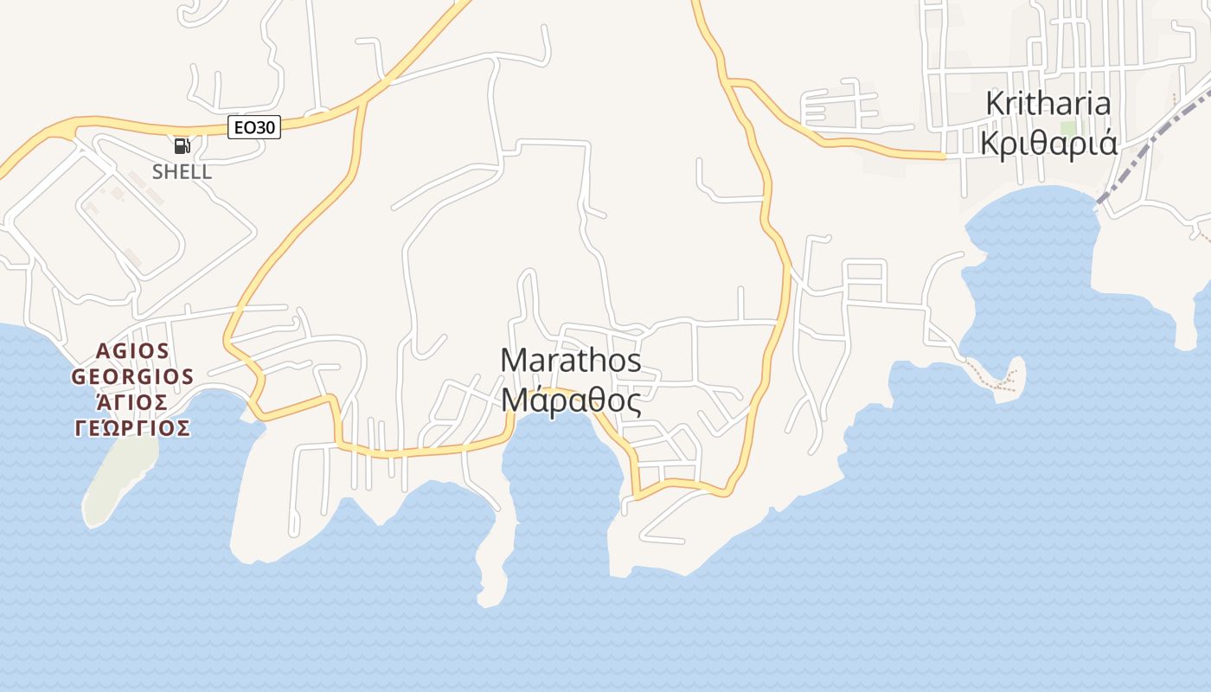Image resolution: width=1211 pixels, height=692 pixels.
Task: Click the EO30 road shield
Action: click(x=254, y=128)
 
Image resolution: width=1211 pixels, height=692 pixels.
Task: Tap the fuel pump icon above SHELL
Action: click(x=181, y=146)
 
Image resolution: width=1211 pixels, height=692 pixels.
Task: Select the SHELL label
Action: click(x=182, y=171)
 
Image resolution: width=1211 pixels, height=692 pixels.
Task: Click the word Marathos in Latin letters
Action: click(x=571, y=360)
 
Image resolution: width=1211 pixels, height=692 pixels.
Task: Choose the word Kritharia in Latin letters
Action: click(x=1048, y=104)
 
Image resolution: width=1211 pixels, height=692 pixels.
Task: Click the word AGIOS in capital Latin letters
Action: click(x=133, y=350)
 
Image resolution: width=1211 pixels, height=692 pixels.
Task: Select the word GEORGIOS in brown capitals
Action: click(x=132, y=376)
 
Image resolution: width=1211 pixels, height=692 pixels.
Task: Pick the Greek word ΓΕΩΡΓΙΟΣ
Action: click(x=132, y=428)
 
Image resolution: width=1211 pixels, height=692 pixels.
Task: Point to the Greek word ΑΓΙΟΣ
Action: click(x=132, y=402)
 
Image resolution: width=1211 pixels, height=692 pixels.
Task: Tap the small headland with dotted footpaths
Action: click(x=1003, y=376)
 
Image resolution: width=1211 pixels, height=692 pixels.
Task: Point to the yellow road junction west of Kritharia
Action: click(x=735, y=83)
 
